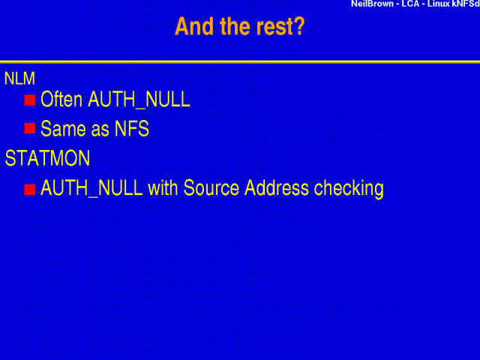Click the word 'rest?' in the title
pyautogui.click(x=278, y=26)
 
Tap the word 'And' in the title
pyautogui.click(x=192, y=26)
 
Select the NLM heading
pyautogui.click(x=19, y=77)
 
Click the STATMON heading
pyautogui.click(x=37, y=158)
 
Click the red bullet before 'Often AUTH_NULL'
pyautogui.click(x=30, y=100)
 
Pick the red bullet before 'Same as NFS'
pyautogui.click(x=30, y=129)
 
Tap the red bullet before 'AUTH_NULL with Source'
pyautogui.click(x=30, y=188)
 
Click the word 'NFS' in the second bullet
pyautogui.click(x=132, y=129)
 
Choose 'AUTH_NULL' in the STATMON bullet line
pyautogui.click(x=91, y=188)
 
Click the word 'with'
pyautogui.click(x=165, y=187)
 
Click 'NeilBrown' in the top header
pyautogui.click(x=373, y=4)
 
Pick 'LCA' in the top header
pyautogui.click(x=414, y=4)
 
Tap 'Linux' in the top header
pyautogui.click(x=445, y=4)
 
